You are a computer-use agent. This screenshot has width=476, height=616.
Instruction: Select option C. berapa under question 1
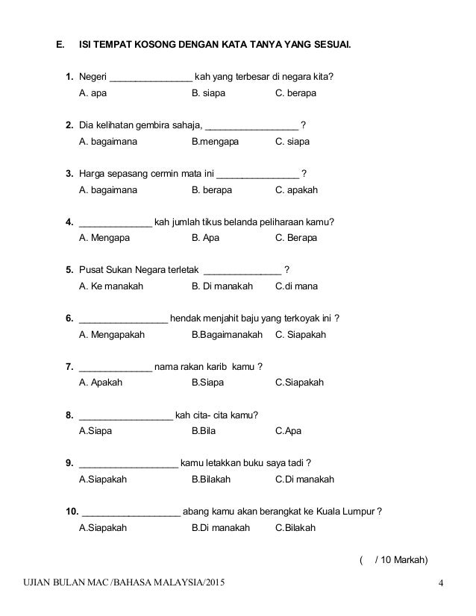tap(295, 94)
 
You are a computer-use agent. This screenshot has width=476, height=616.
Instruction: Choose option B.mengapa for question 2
tap(216, 141)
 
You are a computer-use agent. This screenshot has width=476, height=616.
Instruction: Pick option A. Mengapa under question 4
tap(104, 238)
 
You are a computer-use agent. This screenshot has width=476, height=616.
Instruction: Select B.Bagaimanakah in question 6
tap(227, 334)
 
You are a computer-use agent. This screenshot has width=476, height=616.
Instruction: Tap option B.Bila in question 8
tap(203, 430)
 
